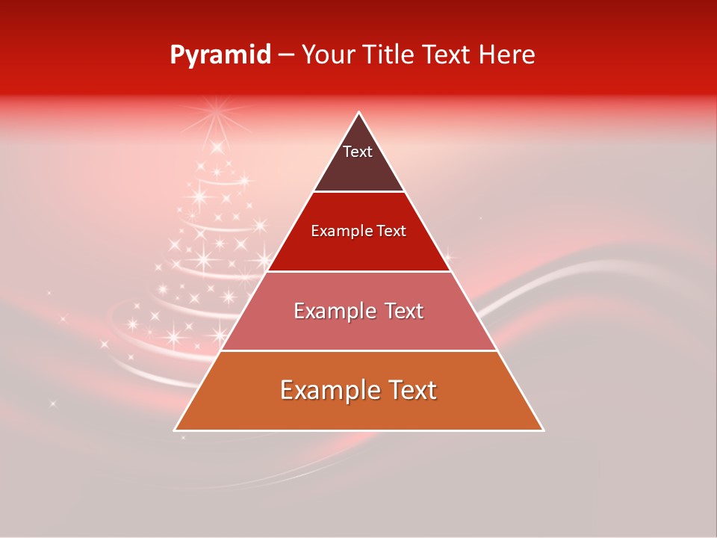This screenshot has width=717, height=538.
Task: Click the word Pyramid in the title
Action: pyautogui.click(x=220, y=55)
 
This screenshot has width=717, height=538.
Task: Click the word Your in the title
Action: pyautogui.click(x=329, y=55)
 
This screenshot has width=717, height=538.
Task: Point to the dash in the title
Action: pyautogui.click(x=285, y=55)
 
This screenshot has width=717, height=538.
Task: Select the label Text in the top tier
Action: pyautogui.click(x=358, y=152)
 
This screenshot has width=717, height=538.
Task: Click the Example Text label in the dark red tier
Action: pyautogui.click(x=358, y=231)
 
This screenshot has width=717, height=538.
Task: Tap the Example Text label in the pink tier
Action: pyautogui.click(x=358, y=311)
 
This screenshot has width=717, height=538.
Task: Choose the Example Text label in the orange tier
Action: pyautogui.click(x=358, y=390)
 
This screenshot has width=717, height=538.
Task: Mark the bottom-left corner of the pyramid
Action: pyautogui.click(x=175, y=430)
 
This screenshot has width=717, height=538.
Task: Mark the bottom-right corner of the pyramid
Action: pyautogui.click(x=543, y=430)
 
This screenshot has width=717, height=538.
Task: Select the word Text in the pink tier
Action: pyautogui.click(x=401, y=311)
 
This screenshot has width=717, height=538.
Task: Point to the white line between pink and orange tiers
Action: pyautogui.click(x=358, y=350)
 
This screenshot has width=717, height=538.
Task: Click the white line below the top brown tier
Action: pyautogui.click(x=358, y=191)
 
